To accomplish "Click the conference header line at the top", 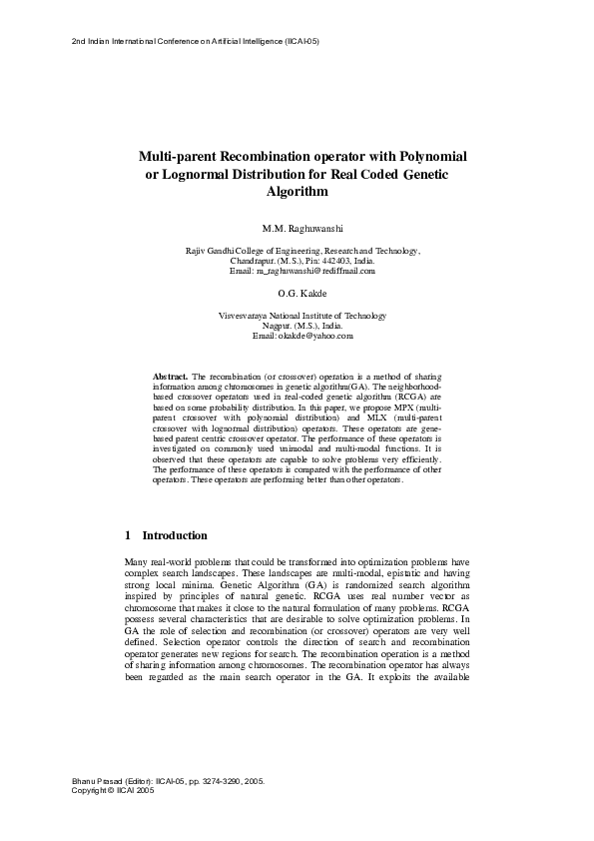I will pyautogui.click(x=196, y=41).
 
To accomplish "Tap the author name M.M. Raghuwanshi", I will pyautogui.click(x=297, y=230).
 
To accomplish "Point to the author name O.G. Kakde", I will pyautogui.click(x=297, y=294).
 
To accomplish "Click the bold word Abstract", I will pyautogui.click(x=170, y=374).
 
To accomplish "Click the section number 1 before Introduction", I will pyautogui.click(x=128, y=535).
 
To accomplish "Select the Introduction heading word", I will pyautogui.click(x=175, y=535).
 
